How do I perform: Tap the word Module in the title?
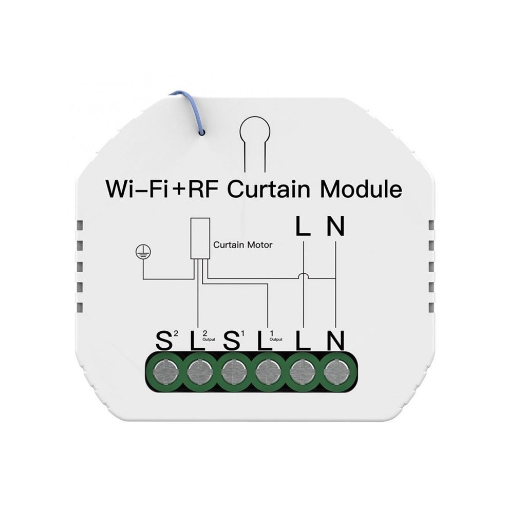pos(361,189)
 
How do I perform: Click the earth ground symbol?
pos(143,251)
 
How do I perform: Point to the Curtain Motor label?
pos(242,245)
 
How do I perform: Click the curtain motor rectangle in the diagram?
pos(200,238)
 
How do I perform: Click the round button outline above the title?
pos(255,142)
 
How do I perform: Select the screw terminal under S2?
pos(164,372)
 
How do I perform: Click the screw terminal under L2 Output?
pos(198,372)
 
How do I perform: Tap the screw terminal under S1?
pos(233,372)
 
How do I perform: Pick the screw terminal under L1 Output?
pos(267,372)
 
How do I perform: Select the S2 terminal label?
pos(167,340)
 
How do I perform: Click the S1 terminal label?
pos(234,340)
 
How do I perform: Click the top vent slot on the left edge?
pos(80,225)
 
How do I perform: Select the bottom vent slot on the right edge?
pos(431,307)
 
